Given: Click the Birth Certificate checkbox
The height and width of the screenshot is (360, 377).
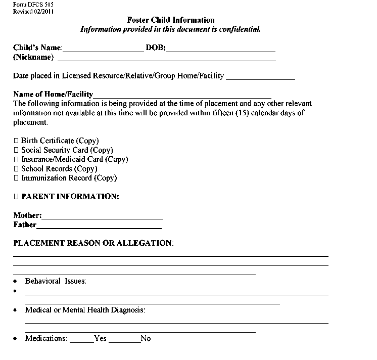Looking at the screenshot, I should [16, 141].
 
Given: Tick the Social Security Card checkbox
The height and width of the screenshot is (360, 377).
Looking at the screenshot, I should [16, 150].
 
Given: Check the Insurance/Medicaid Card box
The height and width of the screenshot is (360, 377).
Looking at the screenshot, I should [16, 159].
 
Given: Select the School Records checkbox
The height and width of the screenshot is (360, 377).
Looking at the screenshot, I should [16, 169].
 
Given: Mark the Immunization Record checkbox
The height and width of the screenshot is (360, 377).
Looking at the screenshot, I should [16, 178].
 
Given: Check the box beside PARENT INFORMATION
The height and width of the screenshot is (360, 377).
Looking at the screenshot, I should [16, 197].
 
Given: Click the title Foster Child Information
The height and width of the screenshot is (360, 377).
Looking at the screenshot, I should [171, 20].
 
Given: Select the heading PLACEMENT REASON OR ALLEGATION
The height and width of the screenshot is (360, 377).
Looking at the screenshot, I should [93, 243].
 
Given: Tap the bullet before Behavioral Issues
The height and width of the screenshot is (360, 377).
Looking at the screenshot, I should [16, 281].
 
